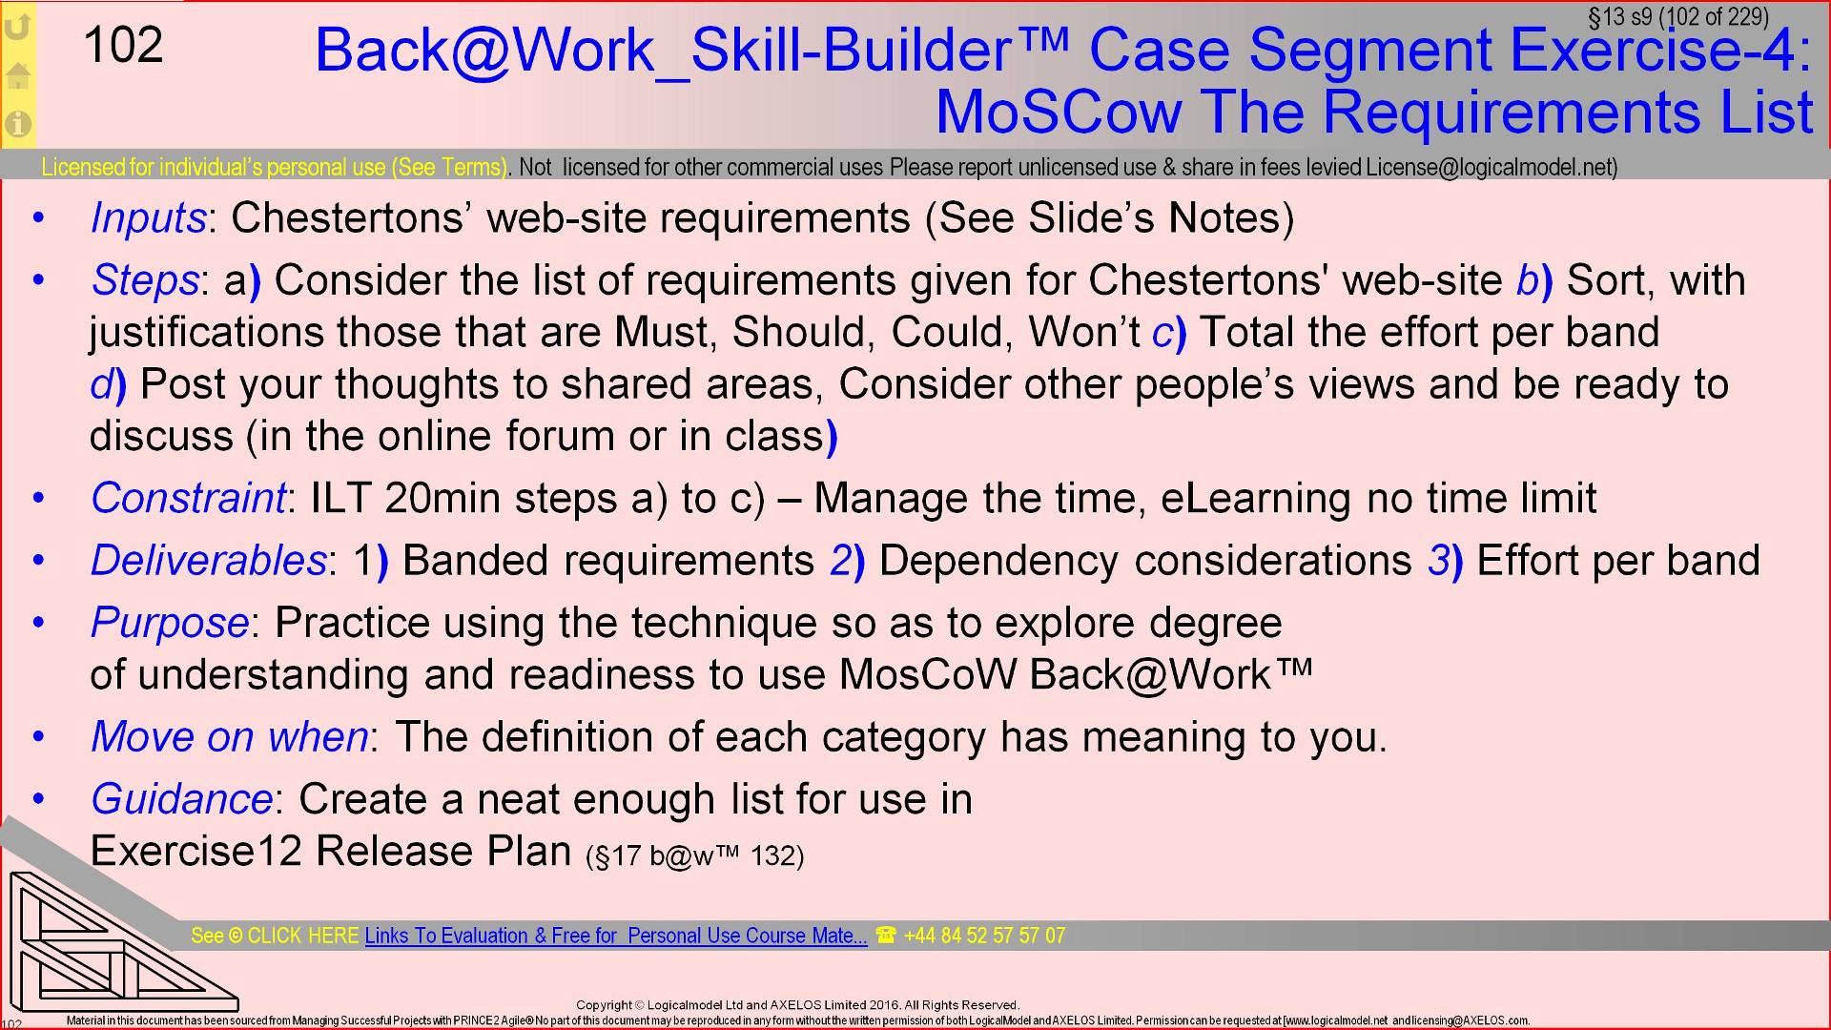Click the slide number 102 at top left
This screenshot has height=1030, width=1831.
124,46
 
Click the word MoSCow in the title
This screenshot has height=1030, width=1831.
1059,112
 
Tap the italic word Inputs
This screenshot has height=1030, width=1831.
148,218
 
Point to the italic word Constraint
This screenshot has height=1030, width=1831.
188,498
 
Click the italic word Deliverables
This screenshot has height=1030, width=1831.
209,560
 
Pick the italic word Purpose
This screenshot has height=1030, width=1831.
170,623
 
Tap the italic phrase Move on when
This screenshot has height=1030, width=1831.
230,736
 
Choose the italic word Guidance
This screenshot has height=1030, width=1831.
182,799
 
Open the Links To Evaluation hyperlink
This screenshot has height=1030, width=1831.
616,936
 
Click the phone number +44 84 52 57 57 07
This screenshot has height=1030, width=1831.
983,936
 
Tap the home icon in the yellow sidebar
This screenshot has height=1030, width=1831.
18,74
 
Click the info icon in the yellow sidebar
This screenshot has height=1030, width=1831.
18,123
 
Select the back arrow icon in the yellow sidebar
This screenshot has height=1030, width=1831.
18,26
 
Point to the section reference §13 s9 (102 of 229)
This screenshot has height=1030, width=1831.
1677,17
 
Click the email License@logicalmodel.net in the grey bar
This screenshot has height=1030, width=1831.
1489,168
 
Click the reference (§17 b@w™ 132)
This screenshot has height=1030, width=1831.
695,855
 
